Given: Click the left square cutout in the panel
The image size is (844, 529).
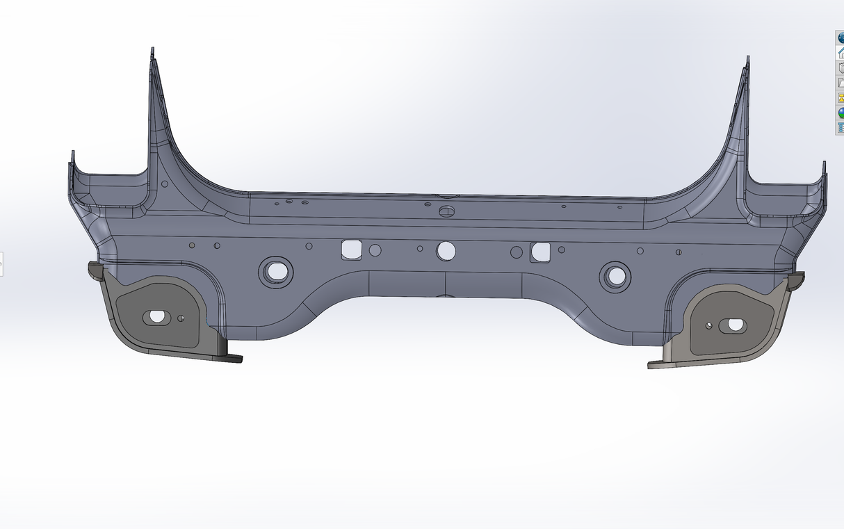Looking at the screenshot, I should coord(351,249).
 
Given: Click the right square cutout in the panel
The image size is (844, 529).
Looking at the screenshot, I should coord(540,252).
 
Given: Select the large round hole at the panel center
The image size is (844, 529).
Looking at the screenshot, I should coord(446,251).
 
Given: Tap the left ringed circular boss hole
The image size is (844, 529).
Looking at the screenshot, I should coord(276,271).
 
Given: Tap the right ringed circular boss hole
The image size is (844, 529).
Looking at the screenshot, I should coord(615,276).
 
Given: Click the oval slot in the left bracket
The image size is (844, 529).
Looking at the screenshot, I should coord(156,317).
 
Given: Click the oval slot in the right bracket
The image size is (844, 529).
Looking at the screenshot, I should coord(733,325).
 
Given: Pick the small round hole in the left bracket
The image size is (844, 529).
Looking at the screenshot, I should coord(181,318).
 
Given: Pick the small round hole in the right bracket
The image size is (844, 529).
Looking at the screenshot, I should coord(708,325).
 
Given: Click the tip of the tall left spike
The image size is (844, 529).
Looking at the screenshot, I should coord(152,51).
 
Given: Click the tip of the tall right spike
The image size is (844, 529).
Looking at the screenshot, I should coord(747,59).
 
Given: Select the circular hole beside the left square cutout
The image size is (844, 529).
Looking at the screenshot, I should coord(375,250).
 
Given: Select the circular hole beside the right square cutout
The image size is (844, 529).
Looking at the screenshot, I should coord(516,252).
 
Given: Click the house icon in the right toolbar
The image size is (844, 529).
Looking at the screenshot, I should coord(839,53).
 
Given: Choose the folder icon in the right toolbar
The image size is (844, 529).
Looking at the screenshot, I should coord(839,83).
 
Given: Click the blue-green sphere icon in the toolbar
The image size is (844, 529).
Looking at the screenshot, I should coord(839,113).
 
